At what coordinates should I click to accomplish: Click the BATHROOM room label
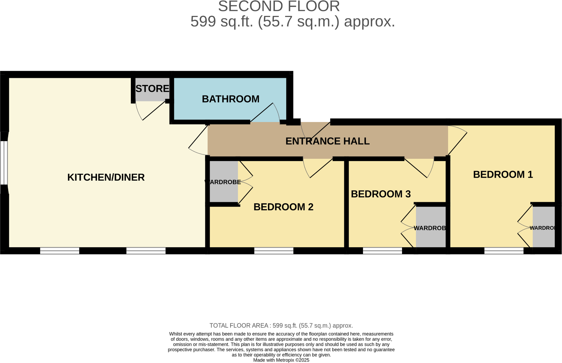(x=230, y=99)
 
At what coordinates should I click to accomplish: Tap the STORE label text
(x=152, y=89)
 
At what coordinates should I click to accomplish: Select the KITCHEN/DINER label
(x=106, y=177)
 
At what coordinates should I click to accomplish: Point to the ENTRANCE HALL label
(x=327, y=141)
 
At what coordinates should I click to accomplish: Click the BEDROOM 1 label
(x=503, y=174)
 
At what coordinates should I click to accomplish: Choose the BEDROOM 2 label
(x=283, y=207)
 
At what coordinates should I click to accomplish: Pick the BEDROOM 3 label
(x=381, y=194)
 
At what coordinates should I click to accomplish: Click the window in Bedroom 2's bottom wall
(x=274, y=251)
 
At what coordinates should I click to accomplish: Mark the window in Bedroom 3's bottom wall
(x=382, y=251)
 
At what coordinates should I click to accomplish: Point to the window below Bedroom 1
(x=504, y=251)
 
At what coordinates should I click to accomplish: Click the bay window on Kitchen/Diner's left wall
(x=4, y=162)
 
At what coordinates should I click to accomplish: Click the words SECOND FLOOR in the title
(x=279, y=6)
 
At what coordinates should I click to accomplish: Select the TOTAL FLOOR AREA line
(x=281, y=326)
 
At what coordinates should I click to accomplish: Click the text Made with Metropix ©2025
(x=281, y=360)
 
